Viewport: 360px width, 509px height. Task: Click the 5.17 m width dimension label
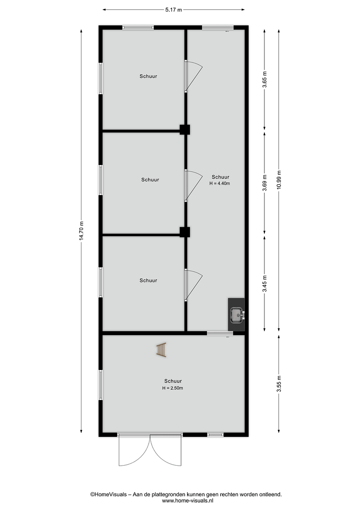pyautogui.click(x=174, y=10)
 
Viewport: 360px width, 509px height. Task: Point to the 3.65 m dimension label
pyautogui.click(x=265, y=79)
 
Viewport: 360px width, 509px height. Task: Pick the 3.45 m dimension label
pyautogui.click(x=265, y=284)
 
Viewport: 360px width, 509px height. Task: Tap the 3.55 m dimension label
pyautogui.click(x=279, y=384)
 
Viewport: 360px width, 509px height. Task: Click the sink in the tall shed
pyautogui.click(x=237, y=315)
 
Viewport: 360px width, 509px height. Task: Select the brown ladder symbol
pyautogui.click(x=161, y=350)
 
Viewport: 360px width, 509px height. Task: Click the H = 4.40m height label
pyautogui.click(x=220, y=183)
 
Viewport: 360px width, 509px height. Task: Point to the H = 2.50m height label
pyautogui.click(x=172, y=388)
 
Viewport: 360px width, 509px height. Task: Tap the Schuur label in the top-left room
pyautogui.click(x=148, y=76)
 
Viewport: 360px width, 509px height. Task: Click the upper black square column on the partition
pyautogui.click(x=185, y=130)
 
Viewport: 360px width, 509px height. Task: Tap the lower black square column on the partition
pyautogui.click(x=185, y=232)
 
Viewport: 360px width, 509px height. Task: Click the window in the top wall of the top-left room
pyautogui.click(x=138, y=28)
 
